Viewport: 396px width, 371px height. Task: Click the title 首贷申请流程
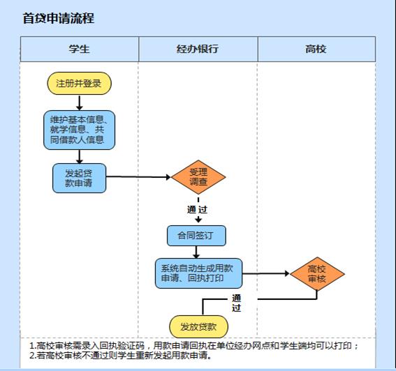tap(59, 18)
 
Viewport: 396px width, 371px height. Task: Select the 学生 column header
tap(80, 49)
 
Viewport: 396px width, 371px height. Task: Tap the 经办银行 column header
tap(198, 49)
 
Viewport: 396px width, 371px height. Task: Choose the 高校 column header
tap(316, 49)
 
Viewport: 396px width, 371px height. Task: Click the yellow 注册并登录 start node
tap(80, 84)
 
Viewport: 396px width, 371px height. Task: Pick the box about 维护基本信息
tap(80, 130)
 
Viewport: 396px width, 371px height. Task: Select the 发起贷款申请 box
tap(80, 178)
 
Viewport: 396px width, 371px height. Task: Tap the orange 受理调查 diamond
tap(198, 177)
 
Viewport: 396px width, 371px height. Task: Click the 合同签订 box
tap(196, 236)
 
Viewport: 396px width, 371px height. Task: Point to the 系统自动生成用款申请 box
tap(198, 273)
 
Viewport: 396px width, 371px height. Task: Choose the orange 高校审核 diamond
tap(317, 273)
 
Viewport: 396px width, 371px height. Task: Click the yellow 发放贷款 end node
tap(198, 326)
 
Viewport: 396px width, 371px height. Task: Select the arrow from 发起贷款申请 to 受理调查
tap(138, 177)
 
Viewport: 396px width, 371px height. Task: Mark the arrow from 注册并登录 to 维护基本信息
tap(80, 103)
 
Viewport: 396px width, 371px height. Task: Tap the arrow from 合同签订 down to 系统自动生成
tap(196, 252)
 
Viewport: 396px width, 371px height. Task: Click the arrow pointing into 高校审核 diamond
tap(265, 273)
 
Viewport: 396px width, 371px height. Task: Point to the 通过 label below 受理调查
tap(197, 209)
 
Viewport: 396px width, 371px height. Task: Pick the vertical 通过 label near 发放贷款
tap(236, 303)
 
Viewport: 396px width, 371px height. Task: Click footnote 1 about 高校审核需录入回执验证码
tap(194, 345)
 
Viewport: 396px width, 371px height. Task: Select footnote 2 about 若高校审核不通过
tap(121, 356)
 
